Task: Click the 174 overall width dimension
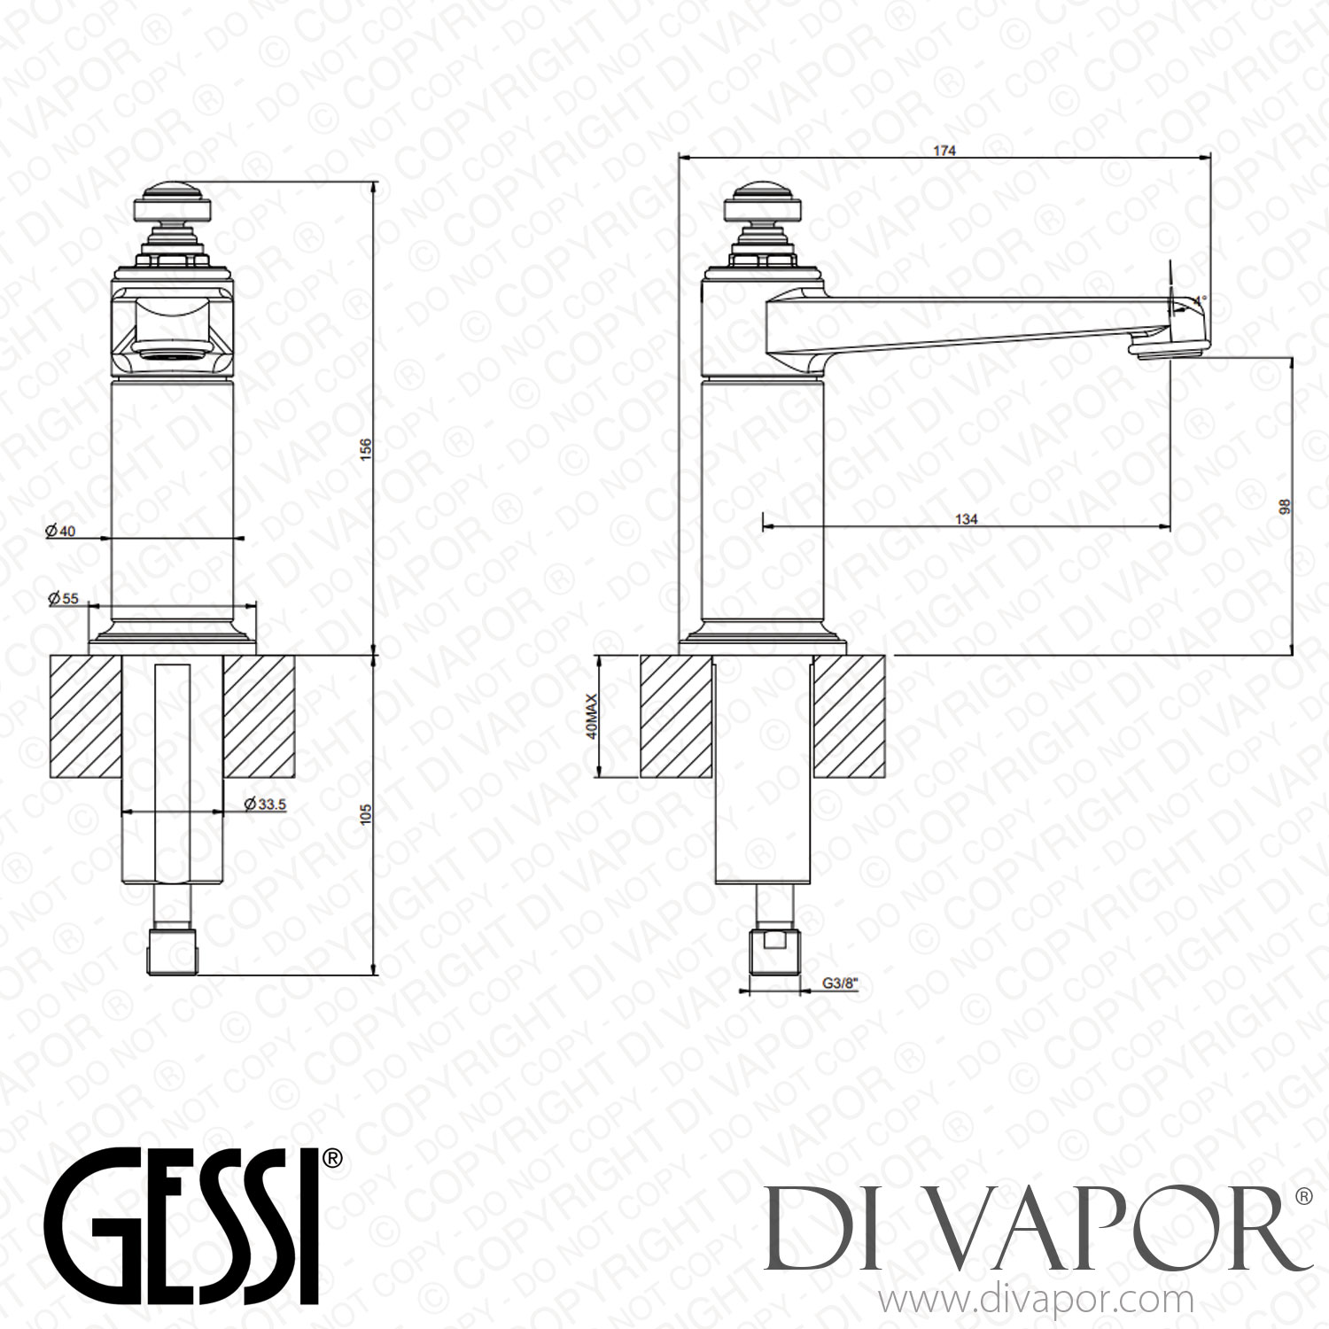coord(944,151)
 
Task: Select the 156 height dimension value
coord(365,448)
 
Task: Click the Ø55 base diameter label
coord(63,598)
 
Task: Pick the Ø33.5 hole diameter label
coord(265,804)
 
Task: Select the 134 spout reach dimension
coord(966,518)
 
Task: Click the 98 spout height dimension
coord(1285,507)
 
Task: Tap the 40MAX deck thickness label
coord(592,716)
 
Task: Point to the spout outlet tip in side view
coord(1168,351)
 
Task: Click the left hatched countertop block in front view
coord(85,716)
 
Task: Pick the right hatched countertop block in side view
coord(849,716)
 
